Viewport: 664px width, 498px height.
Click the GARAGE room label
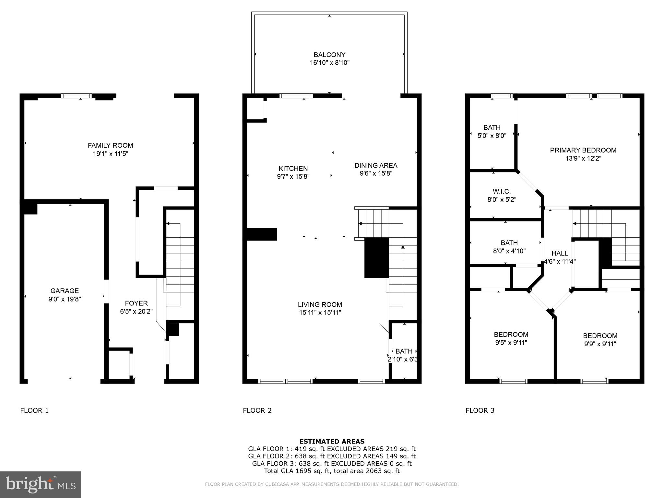[x=65, y=291]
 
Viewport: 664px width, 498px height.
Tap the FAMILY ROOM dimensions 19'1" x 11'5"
[x=111, y=154]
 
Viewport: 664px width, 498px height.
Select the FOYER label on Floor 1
[x=136, y=303]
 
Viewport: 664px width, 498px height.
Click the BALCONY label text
[x=329, y=55]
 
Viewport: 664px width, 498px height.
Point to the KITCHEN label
[x=293, y=168]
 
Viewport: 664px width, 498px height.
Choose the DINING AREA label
[x=376, y=165]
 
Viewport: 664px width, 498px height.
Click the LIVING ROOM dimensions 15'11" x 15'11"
[x=320, y=313]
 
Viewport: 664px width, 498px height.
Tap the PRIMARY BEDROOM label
[x=583, y=150]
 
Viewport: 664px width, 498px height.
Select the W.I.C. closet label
[x=502, y=192]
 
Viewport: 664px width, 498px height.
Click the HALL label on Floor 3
[x=560, y=253]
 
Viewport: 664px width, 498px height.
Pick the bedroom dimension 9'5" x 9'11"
[x=511, y=343]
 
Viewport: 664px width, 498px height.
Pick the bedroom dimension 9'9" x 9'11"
[x=600, y=344]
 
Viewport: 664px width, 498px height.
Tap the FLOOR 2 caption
[x=257, y=410]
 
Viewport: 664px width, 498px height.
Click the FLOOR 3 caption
[x=480, y=410]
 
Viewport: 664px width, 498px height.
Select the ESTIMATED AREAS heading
[x=332, y=441]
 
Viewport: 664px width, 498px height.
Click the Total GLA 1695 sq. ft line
[x=332, y=471]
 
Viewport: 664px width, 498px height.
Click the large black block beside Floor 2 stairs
[x=376, y=258]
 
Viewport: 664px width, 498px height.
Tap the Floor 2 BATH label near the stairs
[x=404, y=351]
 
